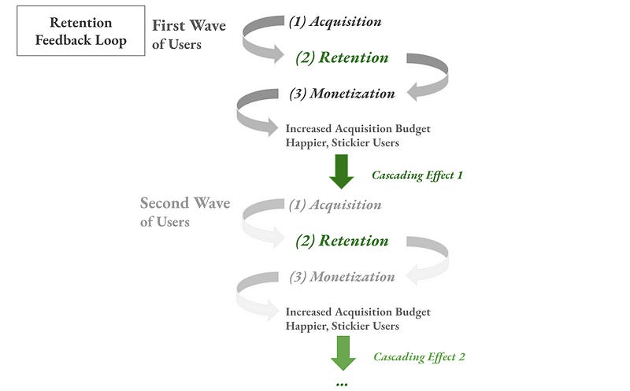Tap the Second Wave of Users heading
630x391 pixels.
pyautogui.click(x=185, y=212)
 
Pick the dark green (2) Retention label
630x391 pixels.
pyautogui.click(x=341, y=57)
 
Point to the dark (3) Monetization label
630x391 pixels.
pyautogui.click(x=341, y=94)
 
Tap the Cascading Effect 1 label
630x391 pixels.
pyautogui.click(x=417, y=175)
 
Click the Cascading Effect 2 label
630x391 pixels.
pyautogui.click(x=419, y=357)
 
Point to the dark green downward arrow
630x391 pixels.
pyautogui.click(x=342, y=172)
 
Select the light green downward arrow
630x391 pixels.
pyautogui.click(x=343, y=352)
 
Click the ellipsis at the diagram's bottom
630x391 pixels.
pyautogui.click(x=342, y=384)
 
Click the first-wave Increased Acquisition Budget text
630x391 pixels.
pyautogui.click(x=358, y=128)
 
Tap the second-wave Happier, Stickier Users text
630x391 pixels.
pyautogui.click(x=342, y=326)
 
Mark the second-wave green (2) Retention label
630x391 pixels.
pyautogui.click(x=342, y=241)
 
